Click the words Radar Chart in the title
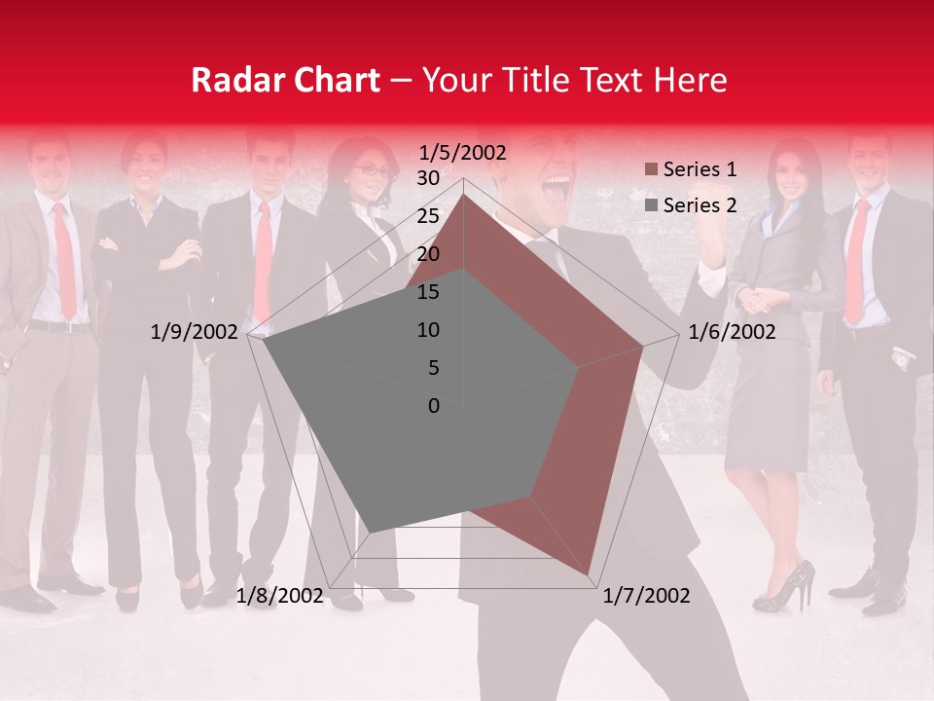pyautogui.click(x=285, y=80)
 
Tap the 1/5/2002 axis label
pyautogui.click(x=462, y=152)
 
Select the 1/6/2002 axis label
pyautogui.click(x=732, y=332)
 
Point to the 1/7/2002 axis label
pyautogui.click(x=646, y=596)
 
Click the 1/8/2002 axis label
pyautogui.click(x=279, y=596)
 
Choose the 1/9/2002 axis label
pyautogui.click(x=195, y=332)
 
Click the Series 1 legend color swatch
pyautogui.click(x=651, y=170)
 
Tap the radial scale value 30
pyautogui.click(x=428, y=178)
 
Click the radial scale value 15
pyautogui.click(x=428, y=292)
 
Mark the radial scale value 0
pyautogui.click(x=434, y=406)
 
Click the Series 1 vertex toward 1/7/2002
pyautogui.click(x=589, y=574)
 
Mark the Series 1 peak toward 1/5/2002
pyautogui.click(x=463, y=195)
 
